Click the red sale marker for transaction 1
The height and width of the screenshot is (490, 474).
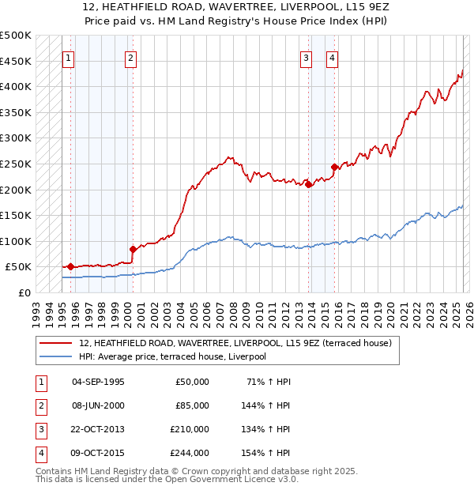pyautogui.click(x=70, y=267)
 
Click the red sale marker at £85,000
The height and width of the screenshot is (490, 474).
pyautogui.click(x=132, y=249)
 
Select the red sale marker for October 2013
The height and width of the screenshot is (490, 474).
pyautogui.click(x=307, y=184)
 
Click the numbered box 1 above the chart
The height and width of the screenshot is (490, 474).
pyautogui.click(x=68, y=57)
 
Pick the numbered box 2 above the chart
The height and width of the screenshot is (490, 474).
pyautogui.click(x=130, y=57)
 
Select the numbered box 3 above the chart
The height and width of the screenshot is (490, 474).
pyautogui.click(x=306, y=57)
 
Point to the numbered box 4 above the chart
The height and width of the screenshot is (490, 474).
pyautogui.click(x=333, y=57)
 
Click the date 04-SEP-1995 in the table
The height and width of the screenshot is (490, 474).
pyautogui.click(x=98, y=382)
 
